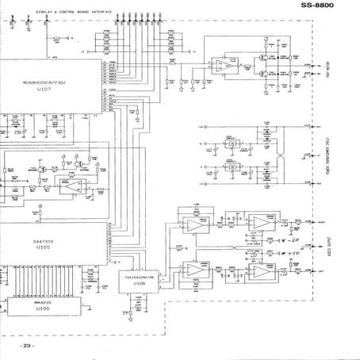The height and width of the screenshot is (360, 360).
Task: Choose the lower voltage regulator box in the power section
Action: [231, 167]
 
